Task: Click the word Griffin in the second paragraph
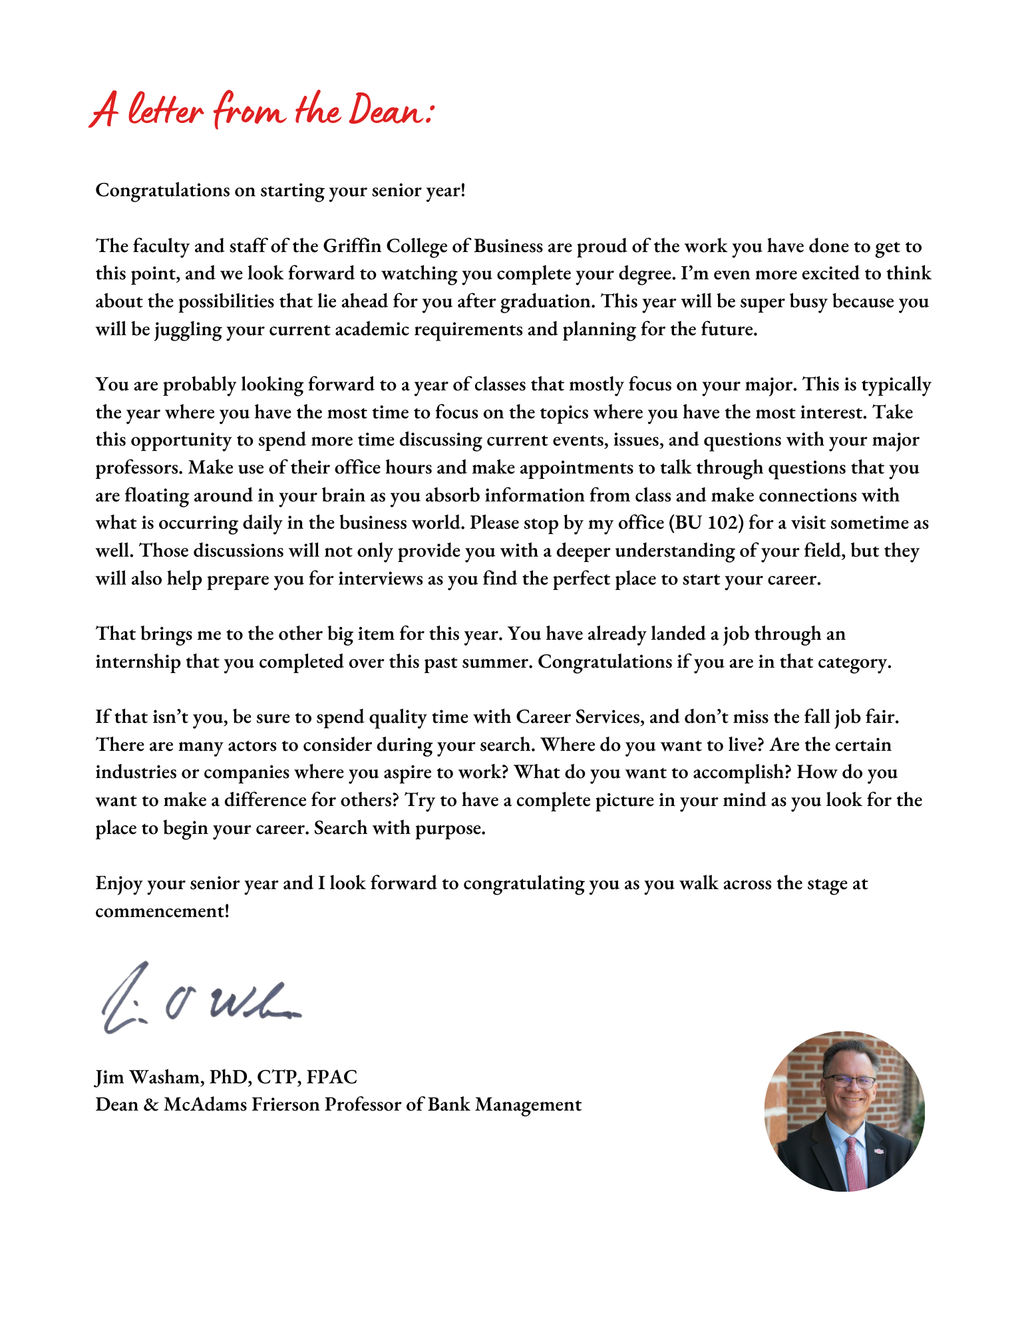tap(352, 246)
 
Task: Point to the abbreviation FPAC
tap(332, 1077)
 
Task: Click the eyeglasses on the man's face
tap(850, 1081)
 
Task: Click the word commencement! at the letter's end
tap(162, 911)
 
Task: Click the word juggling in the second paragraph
tap(188, 329)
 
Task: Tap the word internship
tap(138, 662)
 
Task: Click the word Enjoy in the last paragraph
tap(118, 883)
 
